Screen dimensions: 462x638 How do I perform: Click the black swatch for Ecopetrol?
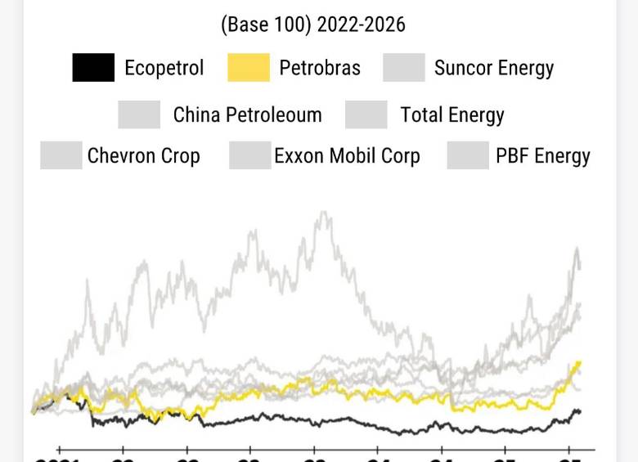click(93, 67)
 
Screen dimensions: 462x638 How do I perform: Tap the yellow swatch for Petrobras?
click(249, 67)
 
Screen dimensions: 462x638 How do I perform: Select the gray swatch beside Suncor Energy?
click(404, 67)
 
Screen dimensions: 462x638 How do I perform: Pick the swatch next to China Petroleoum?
click(139, 114)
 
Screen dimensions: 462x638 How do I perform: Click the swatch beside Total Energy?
click(366, 114)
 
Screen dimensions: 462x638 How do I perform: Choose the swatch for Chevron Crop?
click(61, 155)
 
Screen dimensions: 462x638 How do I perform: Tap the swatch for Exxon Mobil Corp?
click(250, 155)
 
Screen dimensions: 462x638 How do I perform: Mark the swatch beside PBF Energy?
click(468, 155)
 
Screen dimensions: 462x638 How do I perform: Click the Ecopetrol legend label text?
click(164, 67)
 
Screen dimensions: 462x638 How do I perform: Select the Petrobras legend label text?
click(320, 67)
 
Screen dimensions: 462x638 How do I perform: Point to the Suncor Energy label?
click(494, 68)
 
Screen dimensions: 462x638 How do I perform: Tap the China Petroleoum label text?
click(247, 115)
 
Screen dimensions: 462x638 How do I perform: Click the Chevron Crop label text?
click(143, 155)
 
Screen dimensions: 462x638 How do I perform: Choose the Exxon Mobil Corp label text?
click(347, 155)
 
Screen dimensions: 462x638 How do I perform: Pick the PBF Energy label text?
click(543, 155)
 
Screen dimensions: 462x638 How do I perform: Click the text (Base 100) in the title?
click(266, 25)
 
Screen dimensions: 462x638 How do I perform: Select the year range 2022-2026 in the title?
click(361, 25)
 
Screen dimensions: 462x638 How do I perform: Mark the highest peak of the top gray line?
click(324, 213)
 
